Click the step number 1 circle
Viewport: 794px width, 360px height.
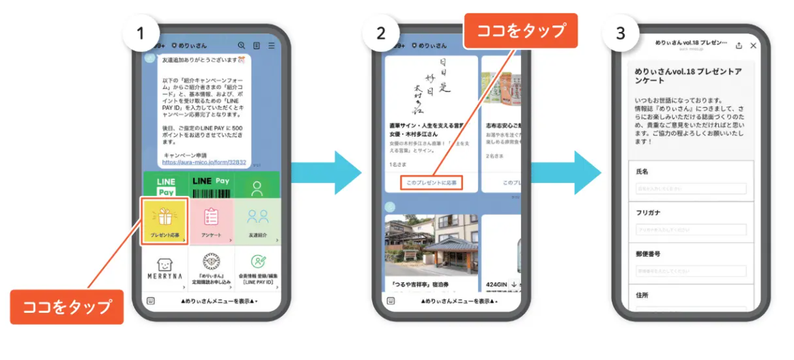[141, 32]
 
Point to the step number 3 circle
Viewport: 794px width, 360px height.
[620, 33]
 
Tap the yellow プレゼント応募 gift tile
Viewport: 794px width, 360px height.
[165, 221]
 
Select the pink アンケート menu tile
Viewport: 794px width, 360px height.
[211, 221]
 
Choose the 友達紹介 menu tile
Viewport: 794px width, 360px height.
[257, 221]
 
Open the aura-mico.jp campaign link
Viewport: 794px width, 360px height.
[203, 163]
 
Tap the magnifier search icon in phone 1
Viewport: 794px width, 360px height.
[242, 46]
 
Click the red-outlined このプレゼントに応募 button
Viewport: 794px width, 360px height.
[431, 183]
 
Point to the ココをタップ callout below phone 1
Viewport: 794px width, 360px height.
[67, 307]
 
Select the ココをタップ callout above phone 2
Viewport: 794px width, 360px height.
[521, 31]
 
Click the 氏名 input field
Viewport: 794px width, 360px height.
[691, 189]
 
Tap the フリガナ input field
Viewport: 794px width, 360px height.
[691, 230]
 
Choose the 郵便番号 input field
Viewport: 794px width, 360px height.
[691, 271]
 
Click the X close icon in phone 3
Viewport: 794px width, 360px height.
[753, 46]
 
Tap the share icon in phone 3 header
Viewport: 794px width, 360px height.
[739, 46]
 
